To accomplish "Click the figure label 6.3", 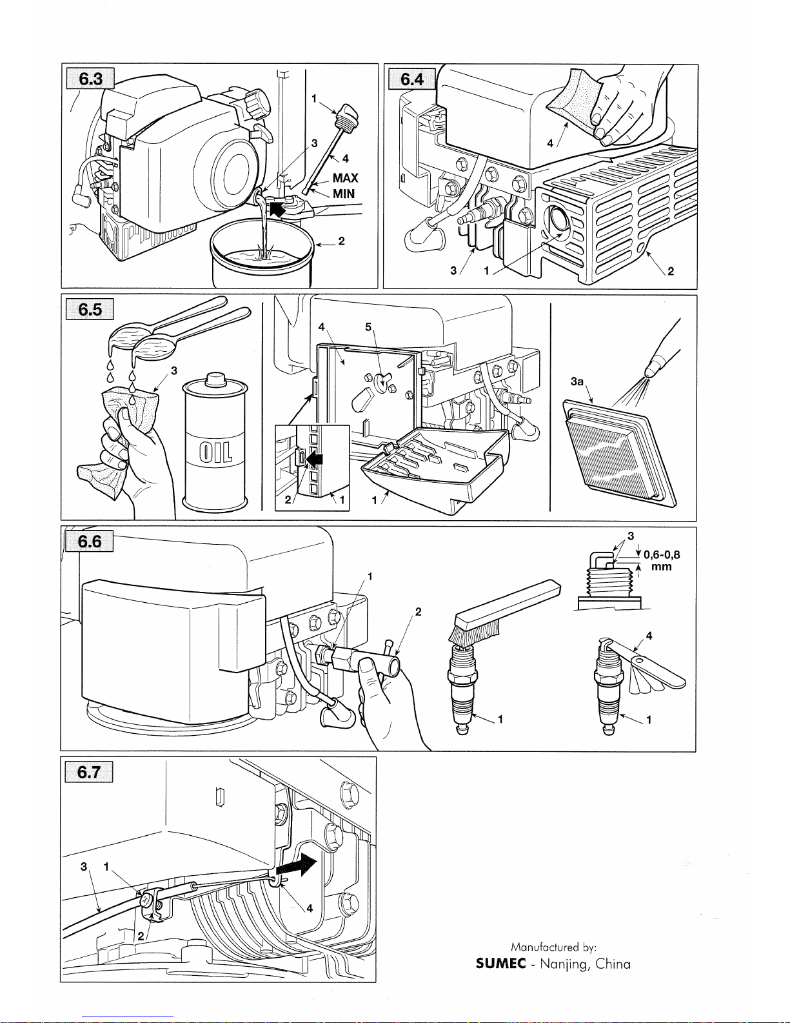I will coord(90,79).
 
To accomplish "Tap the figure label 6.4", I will coord(412,79).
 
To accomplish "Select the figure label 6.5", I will coord(90,309).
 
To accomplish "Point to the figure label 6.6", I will coord(90,541).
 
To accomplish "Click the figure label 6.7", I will coord(90,771).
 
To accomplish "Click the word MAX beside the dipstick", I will coord(345,178).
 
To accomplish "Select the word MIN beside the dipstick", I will coord(344,194).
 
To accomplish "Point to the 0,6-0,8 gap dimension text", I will coord(662,555).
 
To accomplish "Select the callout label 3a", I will coord(577,382).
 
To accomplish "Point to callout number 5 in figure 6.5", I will coord(368,327).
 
